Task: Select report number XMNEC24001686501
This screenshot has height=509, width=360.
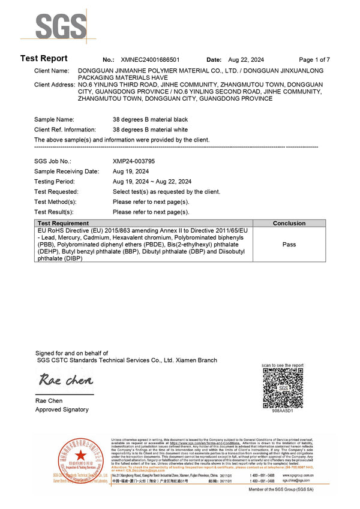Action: click(x=149, y=60)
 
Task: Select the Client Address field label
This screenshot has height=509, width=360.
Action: click(x=55, y=85)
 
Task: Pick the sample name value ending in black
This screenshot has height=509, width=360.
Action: click(x=150, y=120)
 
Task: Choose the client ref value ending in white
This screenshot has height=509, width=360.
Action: click(x=150, y=129)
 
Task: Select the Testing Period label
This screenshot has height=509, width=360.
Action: click(x=54, y=182)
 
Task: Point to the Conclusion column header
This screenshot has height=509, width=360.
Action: click(x=289, y=223)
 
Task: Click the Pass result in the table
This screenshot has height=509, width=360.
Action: click(x=289, y=245)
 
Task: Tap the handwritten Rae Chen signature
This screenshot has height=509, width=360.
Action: click(x=66, y=380)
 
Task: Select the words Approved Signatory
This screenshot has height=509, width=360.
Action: click(x=62, y=409)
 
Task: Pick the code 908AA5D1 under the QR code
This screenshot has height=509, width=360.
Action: click(x=282, y=411)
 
